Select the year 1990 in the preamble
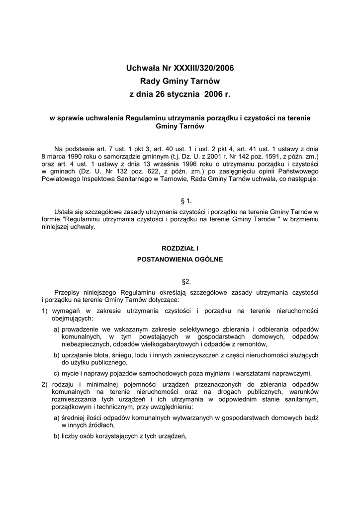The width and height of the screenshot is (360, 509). tap(75, 156)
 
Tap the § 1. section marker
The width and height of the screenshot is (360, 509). tap(180, 201)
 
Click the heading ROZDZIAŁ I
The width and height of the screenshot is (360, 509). tap(180, 248)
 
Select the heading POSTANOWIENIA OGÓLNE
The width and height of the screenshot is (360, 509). tap(180, 259)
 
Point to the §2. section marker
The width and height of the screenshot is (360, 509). tap(180, 281)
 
